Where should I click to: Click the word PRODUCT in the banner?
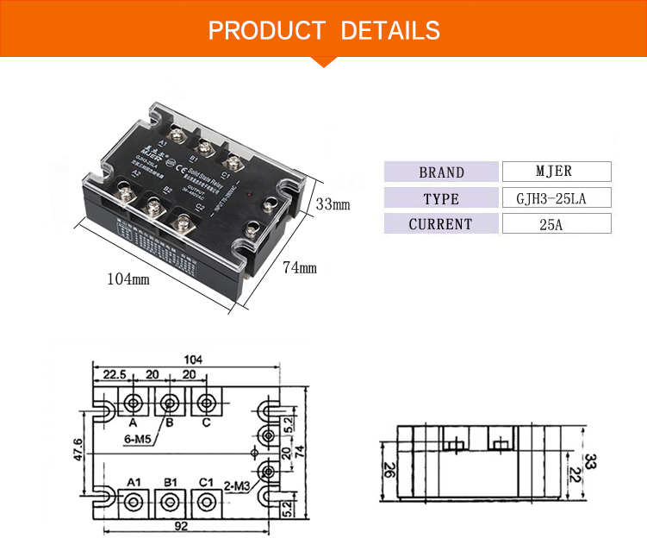(x=266, y=31)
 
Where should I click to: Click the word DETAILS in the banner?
(x=390, y=31)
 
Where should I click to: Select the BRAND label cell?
(x=441, y=172)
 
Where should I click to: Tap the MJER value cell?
(x=556, y=171)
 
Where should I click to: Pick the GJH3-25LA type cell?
(x=556, y=197)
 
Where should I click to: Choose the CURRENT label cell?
(x=441, y=224)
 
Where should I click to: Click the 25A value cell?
(x=556, y=224)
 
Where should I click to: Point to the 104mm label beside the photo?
(x=128, y=279)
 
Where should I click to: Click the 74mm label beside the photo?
(x=300, y=268)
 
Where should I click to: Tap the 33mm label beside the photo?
(x=333, y=205)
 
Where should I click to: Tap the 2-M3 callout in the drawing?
(x=236, y=485)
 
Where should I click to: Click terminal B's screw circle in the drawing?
(x=170, y=403)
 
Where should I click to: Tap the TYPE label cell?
(x=441, y=198)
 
